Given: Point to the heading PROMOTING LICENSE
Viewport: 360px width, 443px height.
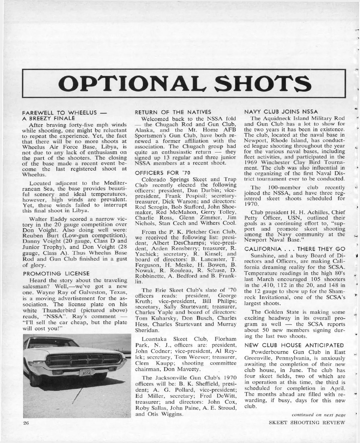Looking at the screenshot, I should pos(56,273).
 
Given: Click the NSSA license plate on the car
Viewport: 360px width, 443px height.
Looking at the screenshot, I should pos(86,373).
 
